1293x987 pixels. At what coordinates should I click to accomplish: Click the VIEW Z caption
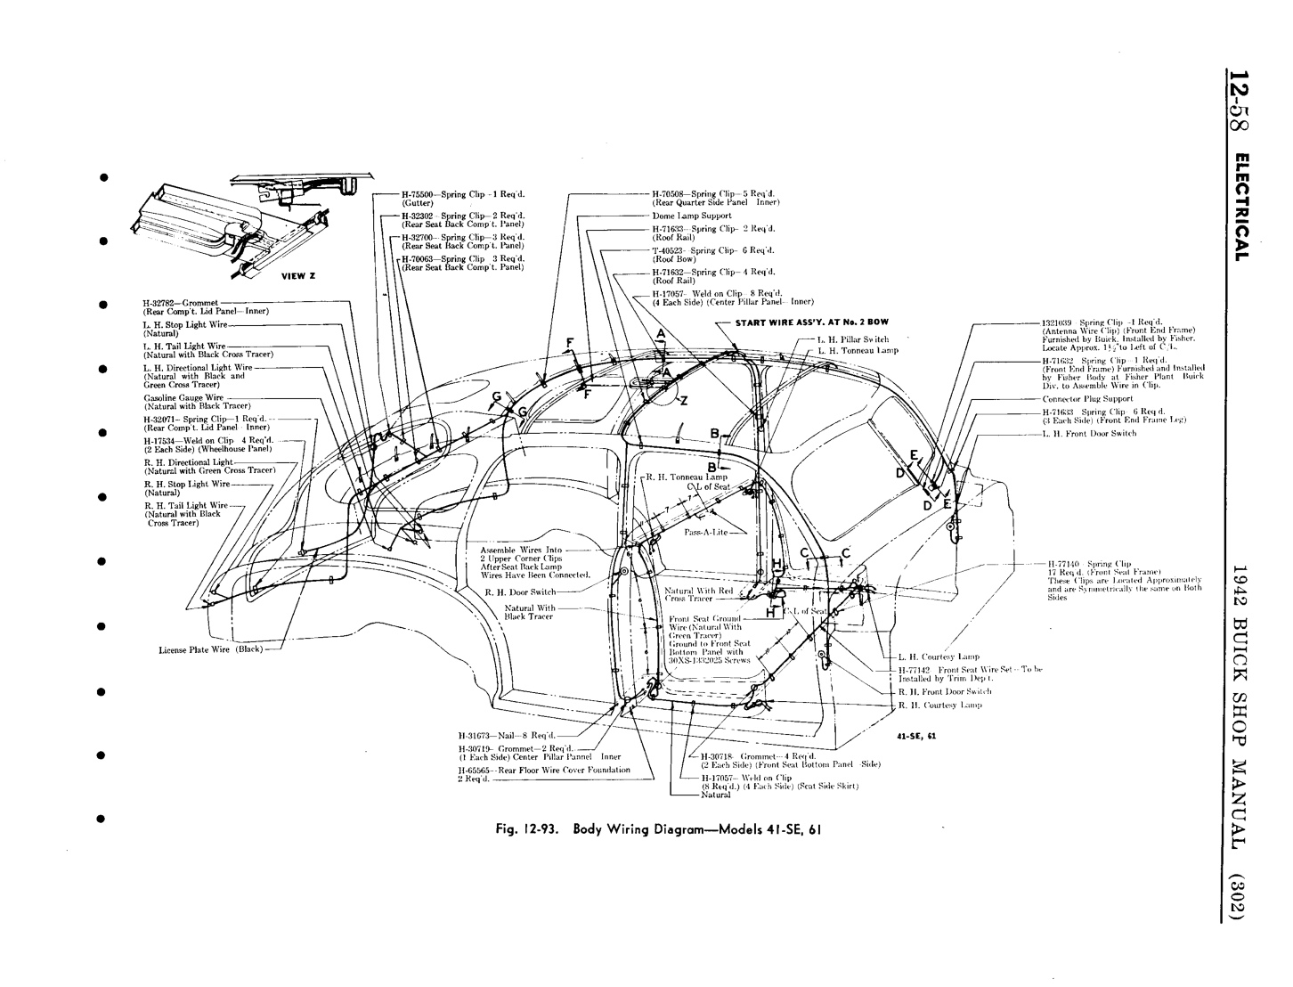click(x=298, y=276)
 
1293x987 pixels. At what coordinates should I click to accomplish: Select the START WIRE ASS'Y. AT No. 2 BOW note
click(x=811, y=322)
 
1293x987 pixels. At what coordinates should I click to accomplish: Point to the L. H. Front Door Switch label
click(x=1089, y=434)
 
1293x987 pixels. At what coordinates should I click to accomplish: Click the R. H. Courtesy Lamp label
click(x=940, y=705)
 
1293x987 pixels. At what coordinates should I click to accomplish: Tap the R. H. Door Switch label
click(x=521, y=591)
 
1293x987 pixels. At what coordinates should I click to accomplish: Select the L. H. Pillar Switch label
click(x=852, y=339)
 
